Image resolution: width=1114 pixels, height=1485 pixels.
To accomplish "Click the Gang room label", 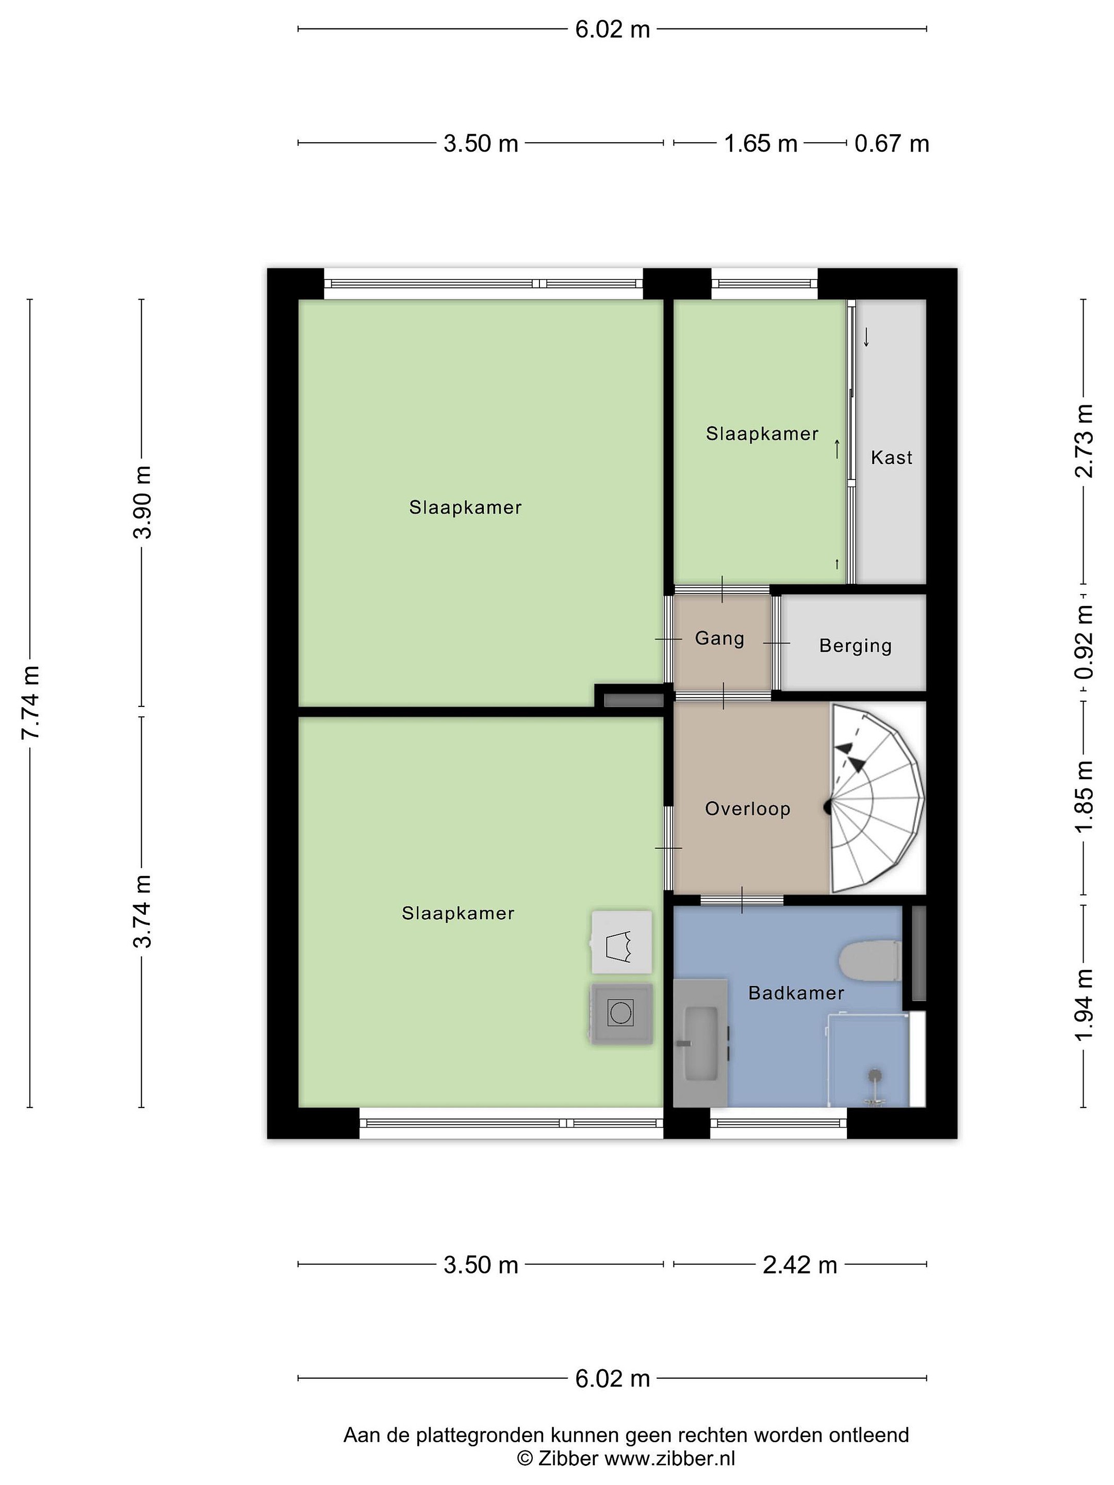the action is point(719,638).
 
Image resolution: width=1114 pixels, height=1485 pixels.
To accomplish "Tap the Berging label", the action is point(855,646).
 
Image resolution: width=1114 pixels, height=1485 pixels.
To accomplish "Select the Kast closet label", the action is point(891,457).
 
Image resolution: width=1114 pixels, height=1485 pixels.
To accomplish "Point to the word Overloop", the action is point(747,808).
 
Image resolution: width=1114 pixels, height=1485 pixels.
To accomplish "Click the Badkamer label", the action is point(796,993).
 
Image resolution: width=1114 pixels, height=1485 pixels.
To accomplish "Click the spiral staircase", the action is point(876,798).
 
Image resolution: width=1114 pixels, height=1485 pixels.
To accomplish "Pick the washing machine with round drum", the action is point(621,1013).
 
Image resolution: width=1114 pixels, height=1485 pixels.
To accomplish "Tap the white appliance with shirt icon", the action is point(621,943).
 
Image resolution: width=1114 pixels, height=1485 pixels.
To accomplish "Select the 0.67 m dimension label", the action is point(892,144).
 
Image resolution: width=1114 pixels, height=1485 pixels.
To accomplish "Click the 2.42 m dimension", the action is point(800,1265).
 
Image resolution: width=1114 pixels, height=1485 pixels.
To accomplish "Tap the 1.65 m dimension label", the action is point(760,144).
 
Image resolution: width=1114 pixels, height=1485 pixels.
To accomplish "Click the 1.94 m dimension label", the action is point(1084,1005).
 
